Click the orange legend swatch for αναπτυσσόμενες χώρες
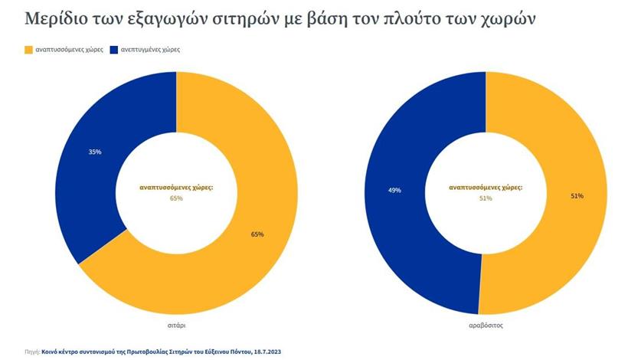29,49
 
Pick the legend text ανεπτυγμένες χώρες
149,49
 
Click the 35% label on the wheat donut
95,152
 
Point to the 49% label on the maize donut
394,191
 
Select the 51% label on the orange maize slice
577,196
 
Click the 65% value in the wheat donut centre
177,198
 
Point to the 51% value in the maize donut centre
486,198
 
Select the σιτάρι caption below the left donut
177,325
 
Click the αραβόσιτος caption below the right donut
486,325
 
